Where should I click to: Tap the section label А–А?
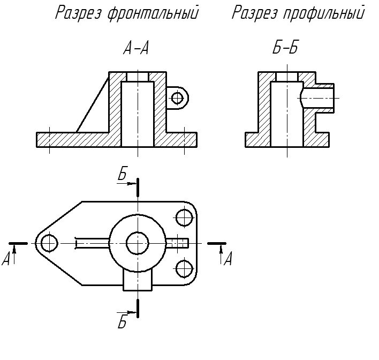pos(136,49)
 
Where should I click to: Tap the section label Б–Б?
pos(285,49)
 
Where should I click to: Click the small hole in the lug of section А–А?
pos(177,97)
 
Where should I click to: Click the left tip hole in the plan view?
pos(49,243)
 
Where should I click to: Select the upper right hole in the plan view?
pos(184,217)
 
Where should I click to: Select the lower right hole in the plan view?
pos(184,267)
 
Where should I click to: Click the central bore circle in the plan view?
pos(138,242)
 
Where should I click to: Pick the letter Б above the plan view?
pos(122,174)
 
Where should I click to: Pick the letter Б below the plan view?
pos(122,322)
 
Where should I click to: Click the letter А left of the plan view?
pos(6,260)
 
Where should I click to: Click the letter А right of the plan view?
pos(228,260)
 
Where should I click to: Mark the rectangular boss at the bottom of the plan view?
pos(138,280)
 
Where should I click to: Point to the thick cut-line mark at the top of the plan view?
pos(138,187)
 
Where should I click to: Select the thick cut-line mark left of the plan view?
pos(19,243)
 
